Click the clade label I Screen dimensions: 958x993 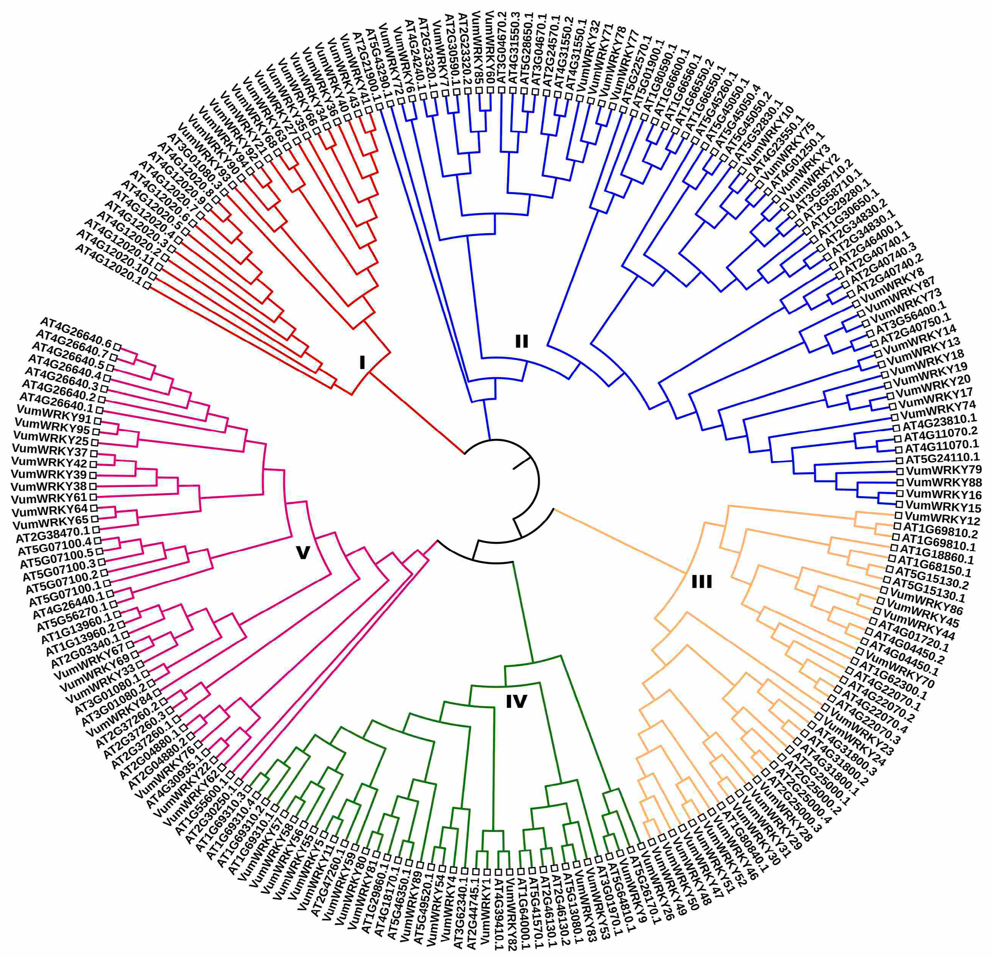(362, 363)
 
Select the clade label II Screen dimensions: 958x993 (521, 342)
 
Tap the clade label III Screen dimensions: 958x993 (702, 582)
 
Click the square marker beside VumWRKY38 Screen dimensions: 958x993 (93, 486)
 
